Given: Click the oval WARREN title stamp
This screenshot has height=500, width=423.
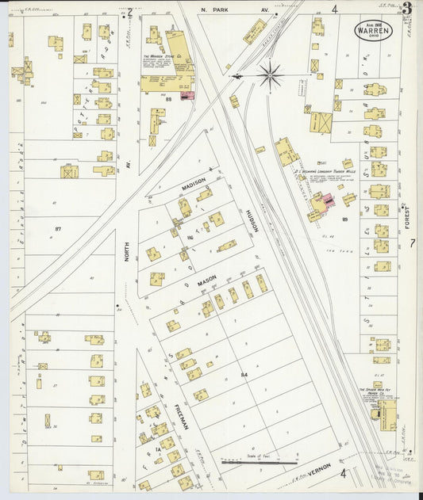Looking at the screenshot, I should [373, 30].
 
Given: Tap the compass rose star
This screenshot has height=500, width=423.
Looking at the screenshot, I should [270, 76].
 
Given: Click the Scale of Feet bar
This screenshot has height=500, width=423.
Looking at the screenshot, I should [259, 461].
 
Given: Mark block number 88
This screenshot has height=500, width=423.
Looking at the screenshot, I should [168, 98].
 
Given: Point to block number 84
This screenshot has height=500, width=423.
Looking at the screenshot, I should [244, 373].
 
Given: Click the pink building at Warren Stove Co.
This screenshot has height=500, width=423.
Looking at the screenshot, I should [188, 95].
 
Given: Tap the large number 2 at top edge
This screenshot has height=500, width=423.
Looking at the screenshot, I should [129, 12].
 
